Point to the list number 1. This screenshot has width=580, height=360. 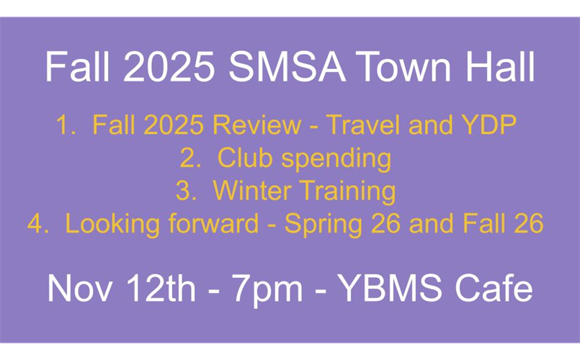pos(66,126)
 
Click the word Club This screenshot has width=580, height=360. pos(245,158)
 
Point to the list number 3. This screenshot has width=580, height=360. pos(185,192)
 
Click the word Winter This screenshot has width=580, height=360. pos(252,192)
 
